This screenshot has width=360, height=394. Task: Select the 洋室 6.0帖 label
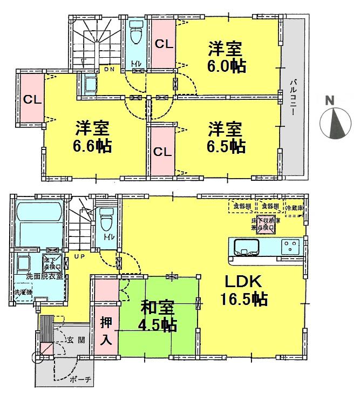coord(226,56)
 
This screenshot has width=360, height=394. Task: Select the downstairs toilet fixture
coord(106,220)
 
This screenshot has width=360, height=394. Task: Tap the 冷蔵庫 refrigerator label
coord(294,207)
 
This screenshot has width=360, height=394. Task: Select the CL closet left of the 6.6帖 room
coord(32,99)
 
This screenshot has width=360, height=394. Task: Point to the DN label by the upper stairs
coord(110,70)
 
